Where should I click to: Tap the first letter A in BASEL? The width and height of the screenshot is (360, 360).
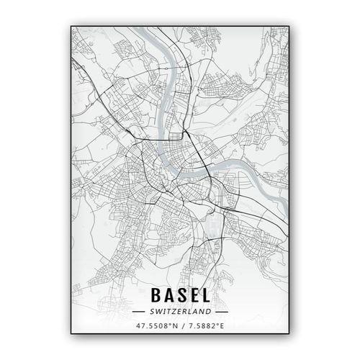pyautogui.click(x=168, y=297)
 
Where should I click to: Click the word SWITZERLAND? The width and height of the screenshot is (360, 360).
pyautogui.click(x=180, y=312)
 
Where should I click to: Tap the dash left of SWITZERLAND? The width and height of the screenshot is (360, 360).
pyautogui.click(x=141, y=312)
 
